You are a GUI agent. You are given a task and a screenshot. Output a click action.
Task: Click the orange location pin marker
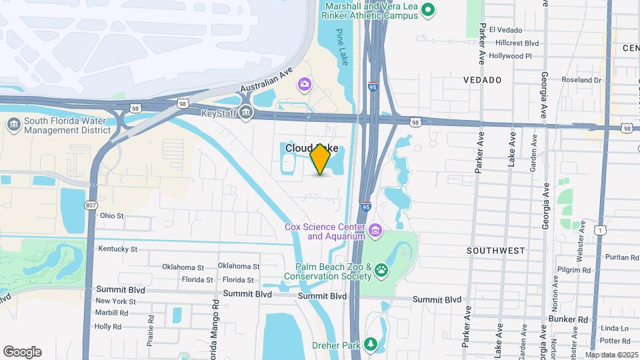(321, 159)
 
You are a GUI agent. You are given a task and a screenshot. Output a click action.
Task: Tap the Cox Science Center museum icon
(376, 231)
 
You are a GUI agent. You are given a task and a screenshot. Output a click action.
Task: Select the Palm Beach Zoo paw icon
(381, 270)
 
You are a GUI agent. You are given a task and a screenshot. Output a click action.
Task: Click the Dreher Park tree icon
(370, 345)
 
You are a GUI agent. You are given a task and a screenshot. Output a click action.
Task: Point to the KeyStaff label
(219, 113)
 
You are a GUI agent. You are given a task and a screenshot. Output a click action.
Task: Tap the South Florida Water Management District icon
(13, 125)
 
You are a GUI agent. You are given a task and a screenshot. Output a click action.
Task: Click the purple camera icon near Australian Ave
(305, 83)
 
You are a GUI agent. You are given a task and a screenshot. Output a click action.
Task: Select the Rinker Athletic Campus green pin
(429, 10)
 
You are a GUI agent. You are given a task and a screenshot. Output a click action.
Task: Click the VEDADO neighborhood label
(482, 80)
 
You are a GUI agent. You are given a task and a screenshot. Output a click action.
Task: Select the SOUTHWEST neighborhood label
(496, 251)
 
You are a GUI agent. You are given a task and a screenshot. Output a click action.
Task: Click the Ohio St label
(111, 215)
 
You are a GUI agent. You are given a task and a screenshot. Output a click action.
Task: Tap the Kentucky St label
(117, 249)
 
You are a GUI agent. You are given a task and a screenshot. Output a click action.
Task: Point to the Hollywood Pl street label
(510, 56)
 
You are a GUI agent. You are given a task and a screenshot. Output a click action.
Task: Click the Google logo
(22, 352)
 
